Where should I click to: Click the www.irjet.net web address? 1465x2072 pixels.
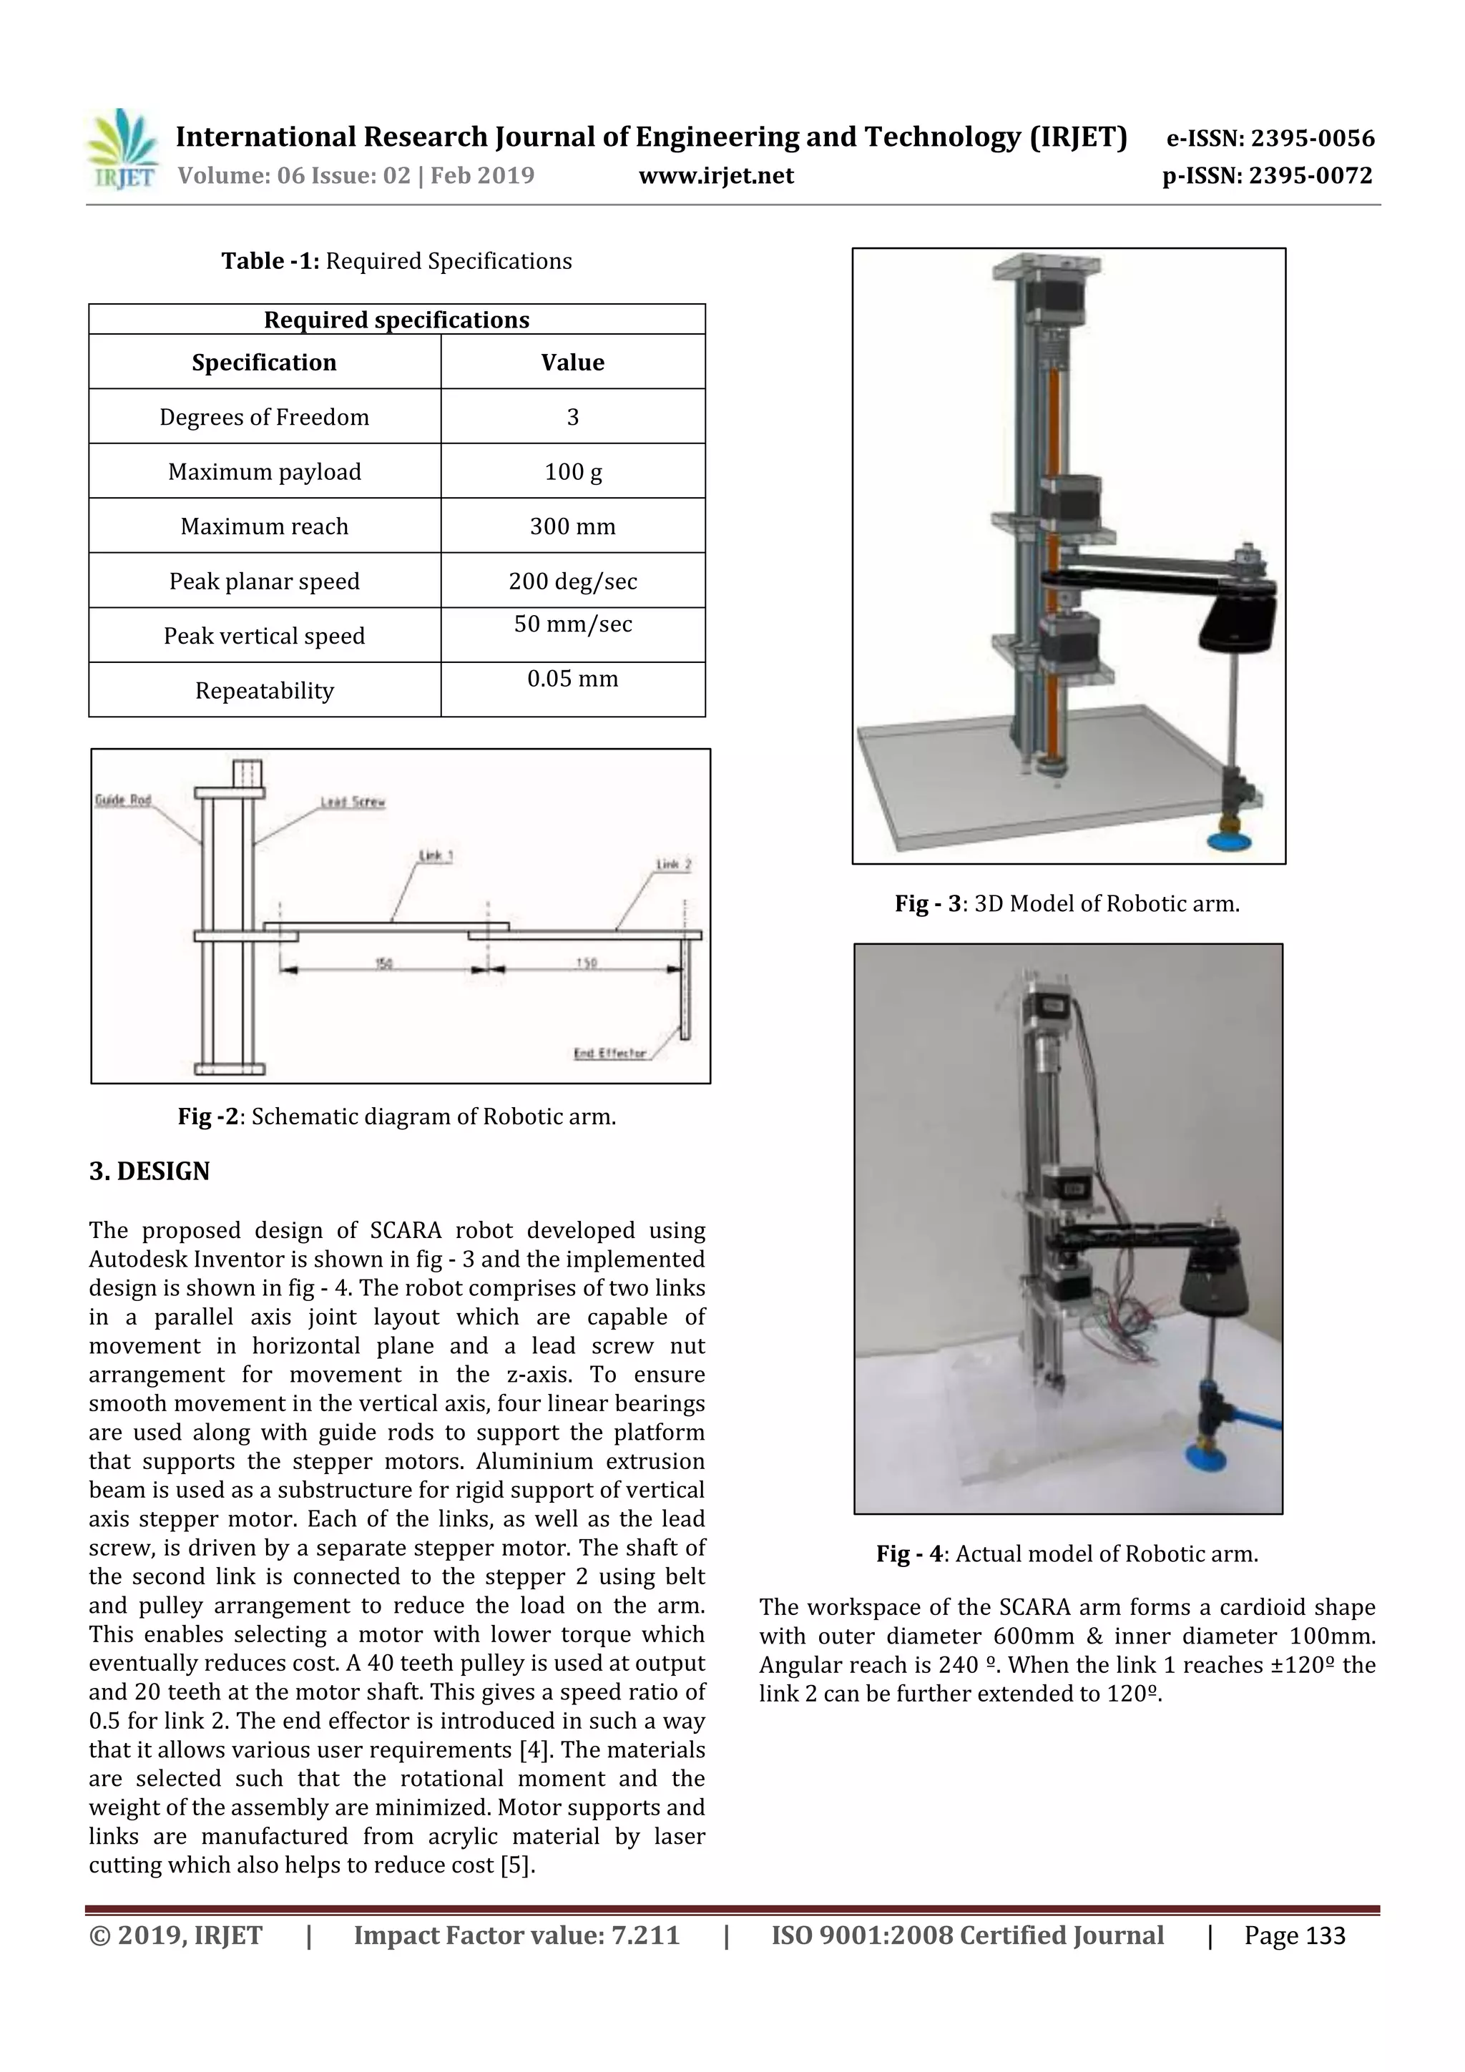[x=716, y=175]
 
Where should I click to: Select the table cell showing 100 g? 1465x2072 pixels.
[x=572, y=471]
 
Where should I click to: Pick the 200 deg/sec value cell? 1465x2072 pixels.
[x=572, y=581]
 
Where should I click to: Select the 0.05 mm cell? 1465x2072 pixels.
[x=572, y=679]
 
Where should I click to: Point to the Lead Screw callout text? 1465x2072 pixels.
[x=353, y=801]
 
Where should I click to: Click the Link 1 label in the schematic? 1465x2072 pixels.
[x=435, y=855]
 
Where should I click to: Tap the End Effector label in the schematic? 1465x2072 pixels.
[x=610, y=1052]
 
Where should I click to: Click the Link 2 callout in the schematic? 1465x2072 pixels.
[x=673, y=864]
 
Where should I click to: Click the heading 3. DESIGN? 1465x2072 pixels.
[x=149, y=1172]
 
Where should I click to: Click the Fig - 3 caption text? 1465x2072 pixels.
[x=1067, y=903]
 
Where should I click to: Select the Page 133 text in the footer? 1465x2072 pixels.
[x=1295, y=1935]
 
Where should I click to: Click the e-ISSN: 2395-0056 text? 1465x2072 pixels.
[x=1270, y=138]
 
